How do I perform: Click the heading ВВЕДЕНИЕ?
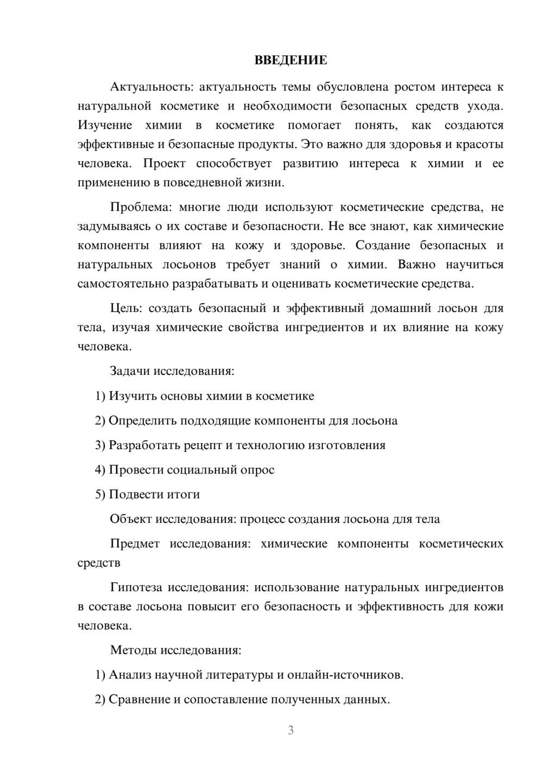click(291, 60)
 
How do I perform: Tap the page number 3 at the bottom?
click(291, 730)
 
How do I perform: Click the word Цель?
click(125, 309)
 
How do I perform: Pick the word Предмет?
click(135, 544)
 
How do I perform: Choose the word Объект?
click(131, 519)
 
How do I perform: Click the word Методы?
click(131, 650)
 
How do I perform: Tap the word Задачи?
click(130, 372)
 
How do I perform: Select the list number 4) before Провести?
click(100, 470)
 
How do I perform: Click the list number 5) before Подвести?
click(100, 494)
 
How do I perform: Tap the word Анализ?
click(130, 675)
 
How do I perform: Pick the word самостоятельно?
click(123, 284)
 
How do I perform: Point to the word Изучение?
click(105, 125)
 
